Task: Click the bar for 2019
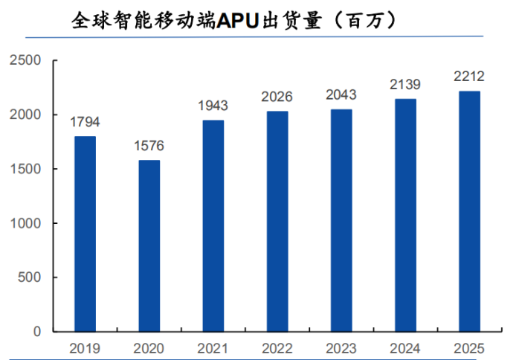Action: [x=85, y=234]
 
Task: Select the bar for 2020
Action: [x=149, y=245]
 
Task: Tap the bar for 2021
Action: [x=213, y=225]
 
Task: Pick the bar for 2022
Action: [x=277, y=221]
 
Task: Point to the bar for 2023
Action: [x=341, y=220]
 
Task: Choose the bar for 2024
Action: [x=405, y=215]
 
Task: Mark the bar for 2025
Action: [x=469, y=211]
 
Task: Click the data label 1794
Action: [x=85, y=122]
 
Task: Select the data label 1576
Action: [x=149, y=146]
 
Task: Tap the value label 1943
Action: [x=213, y=106]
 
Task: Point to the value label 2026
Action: [x=277, y=97]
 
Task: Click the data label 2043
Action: [x=341, y=95]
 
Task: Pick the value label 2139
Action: [x=405, y=85]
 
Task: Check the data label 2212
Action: [x=469, y=76]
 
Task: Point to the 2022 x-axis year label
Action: [x=277, y=347]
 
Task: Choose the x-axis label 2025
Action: [x=469, y=347]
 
